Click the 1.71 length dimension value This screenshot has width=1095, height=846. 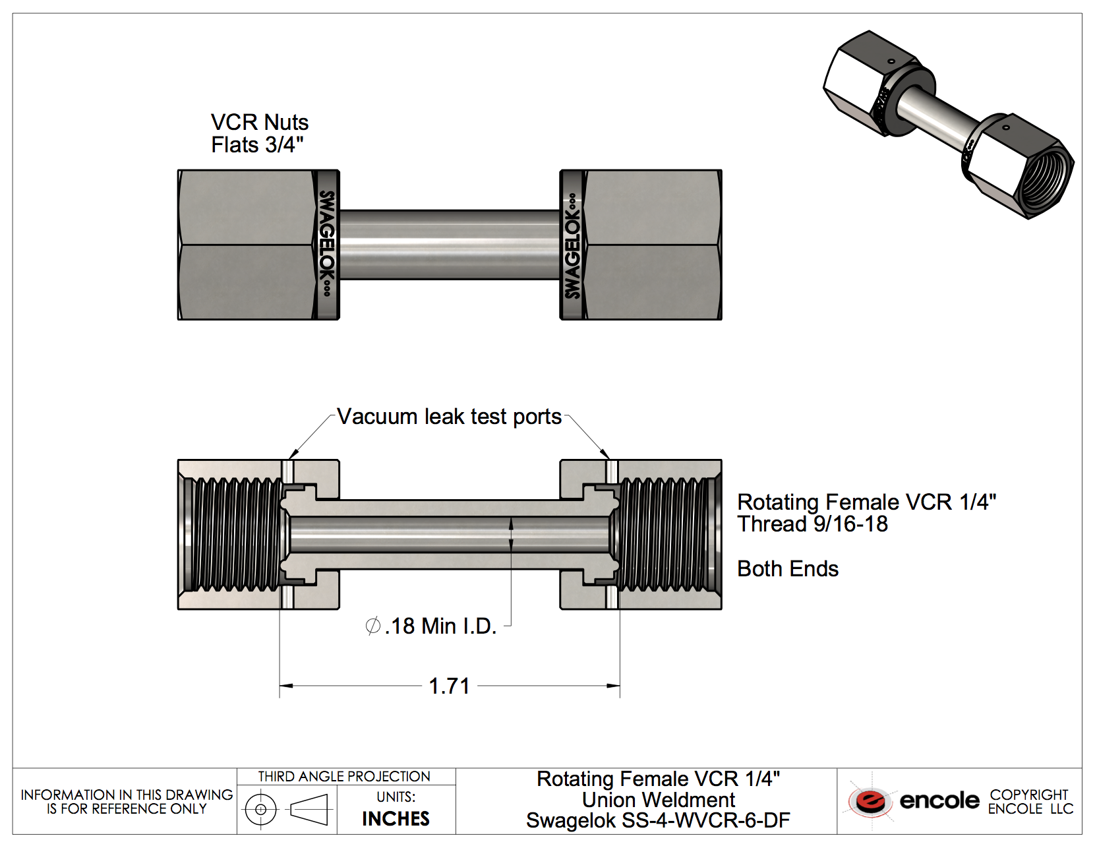[449, 686]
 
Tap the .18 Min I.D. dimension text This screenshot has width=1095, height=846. [440, 626]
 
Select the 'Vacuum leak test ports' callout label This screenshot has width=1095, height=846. [449, 417]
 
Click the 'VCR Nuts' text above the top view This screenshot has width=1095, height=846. [260, 122]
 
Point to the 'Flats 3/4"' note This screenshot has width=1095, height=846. [257, 145]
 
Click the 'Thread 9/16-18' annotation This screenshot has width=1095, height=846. [812, 524]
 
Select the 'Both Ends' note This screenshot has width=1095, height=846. [788, 569]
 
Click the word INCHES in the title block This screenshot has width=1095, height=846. [396, 819]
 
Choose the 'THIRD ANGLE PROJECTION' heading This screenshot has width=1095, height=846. [344, 777]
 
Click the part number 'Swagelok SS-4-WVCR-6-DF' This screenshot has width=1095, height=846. [658, 821]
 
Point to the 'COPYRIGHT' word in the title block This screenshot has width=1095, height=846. [1028, 795]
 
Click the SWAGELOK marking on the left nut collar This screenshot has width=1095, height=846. [326, 243]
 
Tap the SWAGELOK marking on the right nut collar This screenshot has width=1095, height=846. [572, 245]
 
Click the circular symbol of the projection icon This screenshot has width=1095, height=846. [261, 809]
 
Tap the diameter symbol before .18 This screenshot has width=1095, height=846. [372, 626]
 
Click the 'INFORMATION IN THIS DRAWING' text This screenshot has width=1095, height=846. [127, 795]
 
